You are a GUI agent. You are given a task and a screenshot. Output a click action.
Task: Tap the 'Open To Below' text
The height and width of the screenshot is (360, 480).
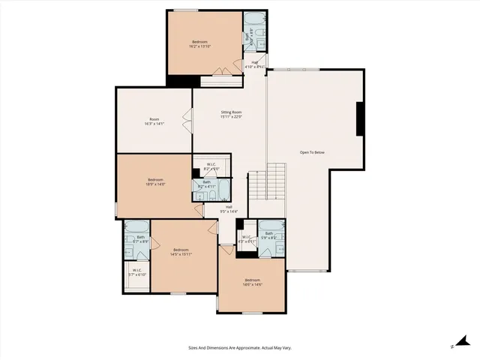312,152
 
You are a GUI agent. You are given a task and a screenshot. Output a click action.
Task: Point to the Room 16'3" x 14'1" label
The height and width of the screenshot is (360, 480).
154,121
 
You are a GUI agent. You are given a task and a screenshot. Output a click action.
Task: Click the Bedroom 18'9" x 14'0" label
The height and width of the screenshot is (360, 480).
155,182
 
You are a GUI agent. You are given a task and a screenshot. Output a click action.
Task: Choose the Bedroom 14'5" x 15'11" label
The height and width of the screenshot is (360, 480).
181,252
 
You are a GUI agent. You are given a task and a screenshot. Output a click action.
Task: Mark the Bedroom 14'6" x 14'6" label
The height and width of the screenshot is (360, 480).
252,283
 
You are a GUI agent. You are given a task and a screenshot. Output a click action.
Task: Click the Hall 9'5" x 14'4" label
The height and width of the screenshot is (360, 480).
228,209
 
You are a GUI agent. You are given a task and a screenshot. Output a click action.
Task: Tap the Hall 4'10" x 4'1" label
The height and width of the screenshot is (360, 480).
255,65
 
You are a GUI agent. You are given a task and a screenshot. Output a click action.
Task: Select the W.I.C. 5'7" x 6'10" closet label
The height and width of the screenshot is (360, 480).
136,272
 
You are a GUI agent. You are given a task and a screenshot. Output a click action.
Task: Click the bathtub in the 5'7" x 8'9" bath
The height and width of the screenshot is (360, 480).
137,226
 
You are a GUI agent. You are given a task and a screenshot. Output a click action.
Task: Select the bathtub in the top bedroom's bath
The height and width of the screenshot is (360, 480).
255,18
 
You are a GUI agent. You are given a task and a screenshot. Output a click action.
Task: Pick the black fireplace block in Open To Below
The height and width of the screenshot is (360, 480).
361,118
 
